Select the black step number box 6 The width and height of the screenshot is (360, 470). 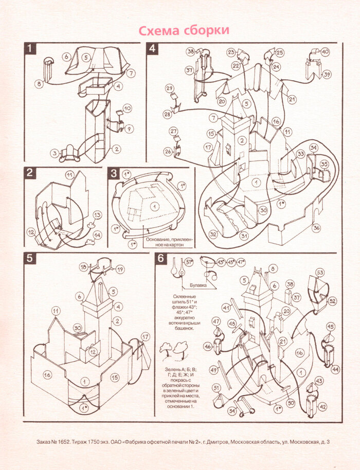point(161,258)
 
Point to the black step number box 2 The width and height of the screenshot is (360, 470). point(30,173)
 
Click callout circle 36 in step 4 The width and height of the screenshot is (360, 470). point(316,228)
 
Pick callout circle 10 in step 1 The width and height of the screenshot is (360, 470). point(127,109)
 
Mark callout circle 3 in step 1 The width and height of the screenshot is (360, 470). point(54,153)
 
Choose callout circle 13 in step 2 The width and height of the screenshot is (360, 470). point(97,215)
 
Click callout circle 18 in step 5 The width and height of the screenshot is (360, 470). point(83,267)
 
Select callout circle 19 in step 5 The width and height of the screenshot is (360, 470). point(120,269)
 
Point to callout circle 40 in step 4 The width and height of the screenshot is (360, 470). point(326,52)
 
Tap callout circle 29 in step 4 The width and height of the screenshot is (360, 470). point(170,89)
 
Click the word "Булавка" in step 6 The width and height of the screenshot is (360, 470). point(198,283)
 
